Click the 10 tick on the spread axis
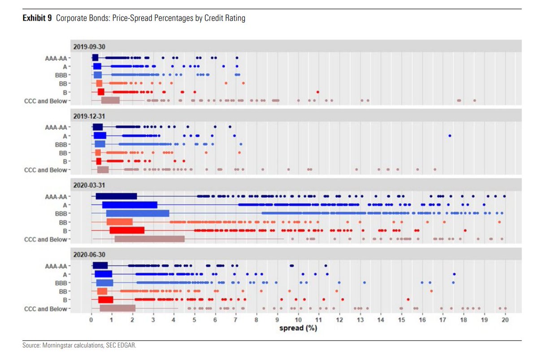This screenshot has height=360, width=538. [298, 320]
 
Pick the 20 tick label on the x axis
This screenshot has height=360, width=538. [505, 320]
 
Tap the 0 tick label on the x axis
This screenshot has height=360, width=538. [91, 320]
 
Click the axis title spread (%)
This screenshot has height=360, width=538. [298, 328]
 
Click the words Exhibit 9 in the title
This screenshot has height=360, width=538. [37, 18]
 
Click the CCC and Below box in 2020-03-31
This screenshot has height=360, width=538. [149, 239]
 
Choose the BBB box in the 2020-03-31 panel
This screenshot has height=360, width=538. [137, 213]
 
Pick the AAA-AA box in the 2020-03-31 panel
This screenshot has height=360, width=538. [116, 196]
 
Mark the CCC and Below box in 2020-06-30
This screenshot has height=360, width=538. [117, 308]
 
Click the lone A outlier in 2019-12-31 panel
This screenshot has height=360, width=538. [450, 135]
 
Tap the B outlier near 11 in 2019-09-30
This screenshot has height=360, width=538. [318, 92]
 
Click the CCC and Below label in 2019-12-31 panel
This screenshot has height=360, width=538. [46, 170]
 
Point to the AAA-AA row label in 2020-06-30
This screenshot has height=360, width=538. [56, 266]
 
